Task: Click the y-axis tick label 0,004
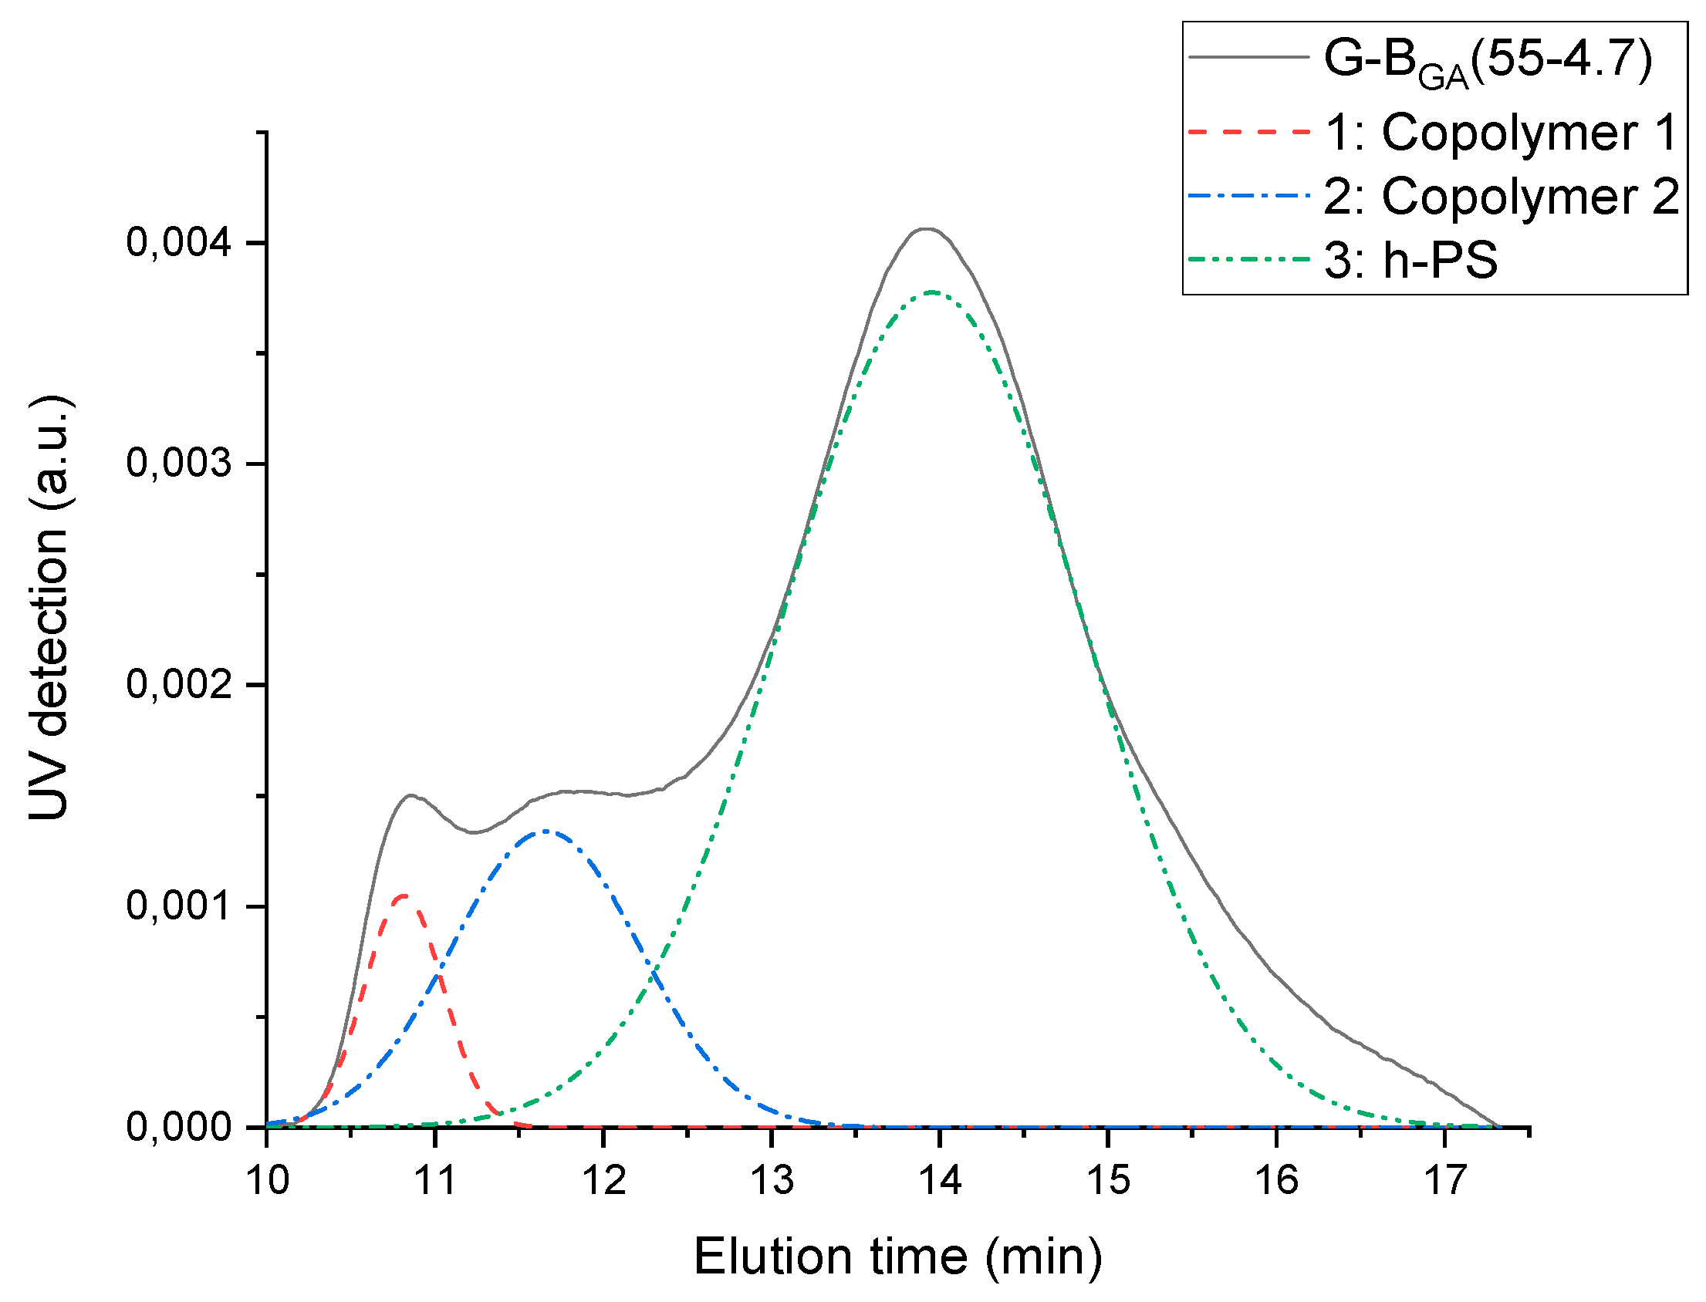point(179,242)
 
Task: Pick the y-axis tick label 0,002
point(179,685)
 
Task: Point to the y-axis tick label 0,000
point(179,1127)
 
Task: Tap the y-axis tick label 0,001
point(179,906)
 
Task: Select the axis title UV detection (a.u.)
point(50,609)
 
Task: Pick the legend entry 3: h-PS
point(1410,260)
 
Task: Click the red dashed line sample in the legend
point(1248,133)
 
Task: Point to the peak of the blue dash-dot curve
point(546,831)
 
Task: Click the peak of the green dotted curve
point(932,292)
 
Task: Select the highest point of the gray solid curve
point(927,228)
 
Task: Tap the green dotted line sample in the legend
point(1248,260)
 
